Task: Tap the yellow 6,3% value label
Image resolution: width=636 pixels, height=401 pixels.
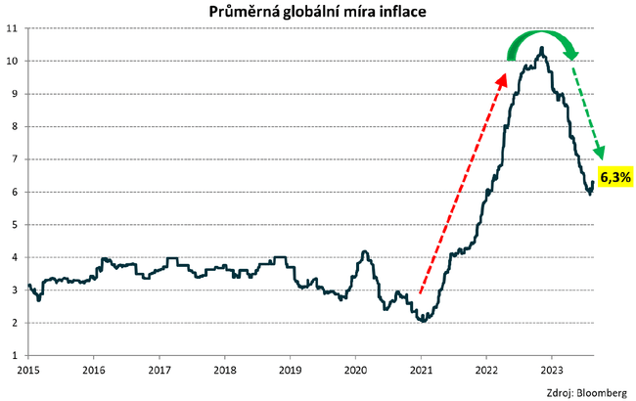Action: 615,177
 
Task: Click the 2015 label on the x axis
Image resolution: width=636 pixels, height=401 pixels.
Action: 28,371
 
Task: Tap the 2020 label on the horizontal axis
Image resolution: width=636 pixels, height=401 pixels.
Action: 355,371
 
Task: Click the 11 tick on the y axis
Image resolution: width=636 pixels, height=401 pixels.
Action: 13,27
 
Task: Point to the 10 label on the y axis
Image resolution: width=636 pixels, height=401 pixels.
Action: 13,61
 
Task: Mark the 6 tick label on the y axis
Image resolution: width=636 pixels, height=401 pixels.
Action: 16,192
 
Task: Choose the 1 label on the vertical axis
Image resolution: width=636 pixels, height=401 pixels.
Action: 16,355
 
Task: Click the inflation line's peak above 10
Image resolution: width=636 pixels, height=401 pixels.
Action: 541,47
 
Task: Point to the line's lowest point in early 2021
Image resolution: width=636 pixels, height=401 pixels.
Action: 422,320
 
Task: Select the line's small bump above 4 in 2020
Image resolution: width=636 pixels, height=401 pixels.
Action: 364,252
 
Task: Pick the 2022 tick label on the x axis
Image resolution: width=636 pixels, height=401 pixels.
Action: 485,371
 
